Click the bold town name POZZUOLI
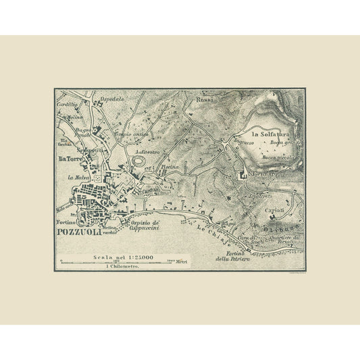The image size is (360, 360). tap(80, 234)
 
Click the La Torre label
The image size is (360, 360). tap(70, 159)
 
